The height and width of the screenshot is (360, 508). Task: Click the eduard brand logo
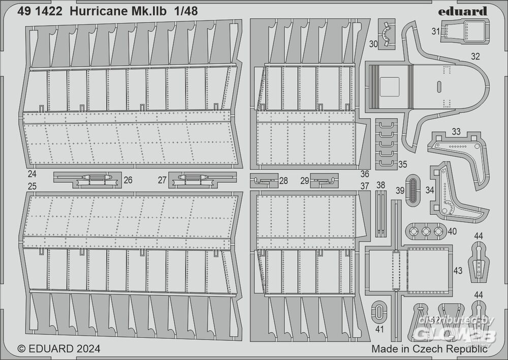(x=463, y=12)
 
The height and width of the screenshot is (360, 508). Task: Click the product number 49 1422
(x=40, y=12)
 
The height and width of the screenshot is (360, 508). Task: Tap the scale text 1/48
(x=185, y=12)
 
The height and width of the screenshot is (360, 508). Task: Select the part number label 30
(x=373, y=44)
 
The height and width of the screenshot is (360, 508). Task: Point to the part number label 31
(x=436, y=31)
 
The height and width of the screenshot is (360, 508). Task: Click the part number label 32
(x=475, y=56)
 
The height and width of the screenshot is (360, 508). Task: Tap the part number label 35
(x=402, y=164)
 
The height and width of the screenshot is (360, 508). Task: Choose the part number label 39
(x=400, y=191)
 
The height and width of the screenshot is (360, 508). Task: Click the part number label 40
(x=452, y=232)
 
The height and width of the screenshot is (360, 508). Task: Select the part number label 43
(x=458, y=270)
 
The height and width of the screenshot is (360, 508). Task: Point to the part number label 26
(x=128, y=180)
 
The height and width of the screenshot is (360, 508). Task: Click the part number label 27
(x=163, y=180)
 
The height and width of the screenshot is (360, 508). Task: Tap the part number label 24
(x=31, y=174)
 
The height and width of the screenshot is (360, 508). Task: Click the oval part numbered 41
(x=379, y=311)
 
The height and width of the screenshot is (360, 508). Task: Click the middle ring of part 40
(x=425, y=231)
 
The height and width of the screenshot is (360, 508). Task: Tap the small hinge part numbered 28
(x=264, y=181)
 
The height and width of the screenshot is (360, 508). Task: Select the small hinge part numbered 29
(x=324, y=181)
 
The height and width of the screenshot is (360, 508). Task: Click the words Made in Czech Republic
(x=429, y=349)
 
